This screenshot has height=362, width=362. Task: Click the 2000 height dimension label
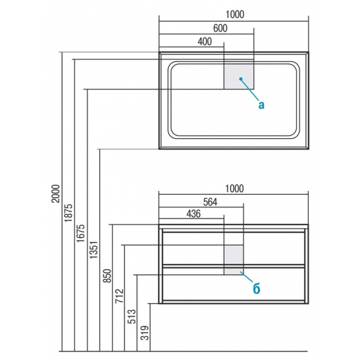[x=55, y=194]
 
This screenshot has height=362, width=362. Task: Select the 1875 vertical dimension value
[x=68, y=213]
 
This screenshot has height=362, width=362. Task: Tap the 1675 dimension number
[x=81, y=233]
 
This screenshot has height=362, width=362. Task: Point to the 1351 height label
[x=94, y=250]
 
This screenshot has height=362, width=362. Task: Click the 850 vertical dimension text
[x=107, y=276]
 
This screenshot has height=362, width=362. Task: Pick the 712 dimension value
[x=120, y=296]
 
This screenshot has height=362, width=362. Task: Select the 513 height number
[x=132, y=317]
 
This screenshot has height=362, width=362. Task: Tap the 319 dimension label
[x=145, y=333]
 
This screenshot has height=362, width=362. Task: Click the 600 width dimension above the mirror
[x=220, y=28]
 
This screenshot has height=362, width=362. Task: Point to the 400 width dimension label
[x=205, y=41]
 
